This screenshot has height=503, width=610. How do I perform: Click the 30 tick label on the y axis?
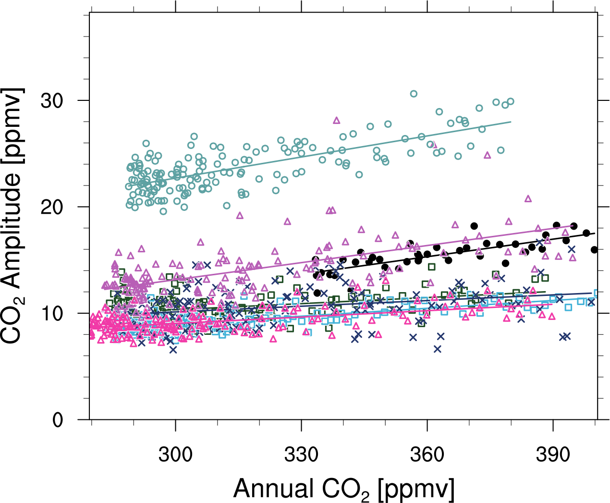(51, 100)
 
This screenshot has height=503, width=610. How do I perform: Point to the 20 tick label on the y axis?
(51, 207)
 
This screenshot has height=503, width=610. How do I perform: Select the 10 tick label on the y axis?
(51, 313)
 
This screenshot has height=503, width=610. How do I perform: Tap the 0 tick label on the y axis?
(58, 420)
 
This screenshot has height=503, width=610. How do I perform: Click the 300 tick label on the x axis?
(176, 454)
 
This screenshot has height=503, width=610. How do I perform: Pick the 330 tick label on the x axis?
(302, 454)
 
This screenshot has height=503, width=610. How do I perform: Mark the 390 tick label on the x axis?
(553, 454)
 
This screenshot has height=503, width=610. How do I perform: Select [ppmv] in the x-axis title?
(416, 489)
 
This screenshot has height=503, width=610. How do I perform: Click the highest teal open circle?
(414, 94)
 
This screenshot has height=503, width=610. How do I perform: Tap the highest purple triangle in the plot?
(337, 120)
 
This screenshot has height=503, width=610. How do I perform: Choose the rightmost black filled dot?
(594, 250)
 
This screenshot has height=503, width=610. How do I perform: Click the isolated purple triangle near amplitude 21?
(528, 198)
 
